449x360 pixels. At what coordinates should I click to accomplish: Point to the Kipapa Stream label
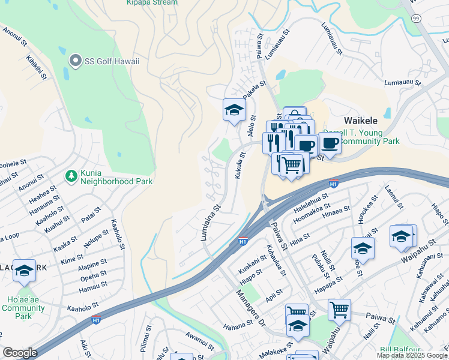click(152, 2)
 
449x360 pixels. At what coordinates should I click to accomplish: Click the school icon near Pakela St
click(234, 110)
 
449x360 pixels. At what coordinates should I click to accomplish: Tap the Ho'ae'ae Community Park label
click(23, 304)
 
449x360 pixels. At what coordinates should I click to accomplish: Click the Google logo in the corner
click(20, 353)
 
